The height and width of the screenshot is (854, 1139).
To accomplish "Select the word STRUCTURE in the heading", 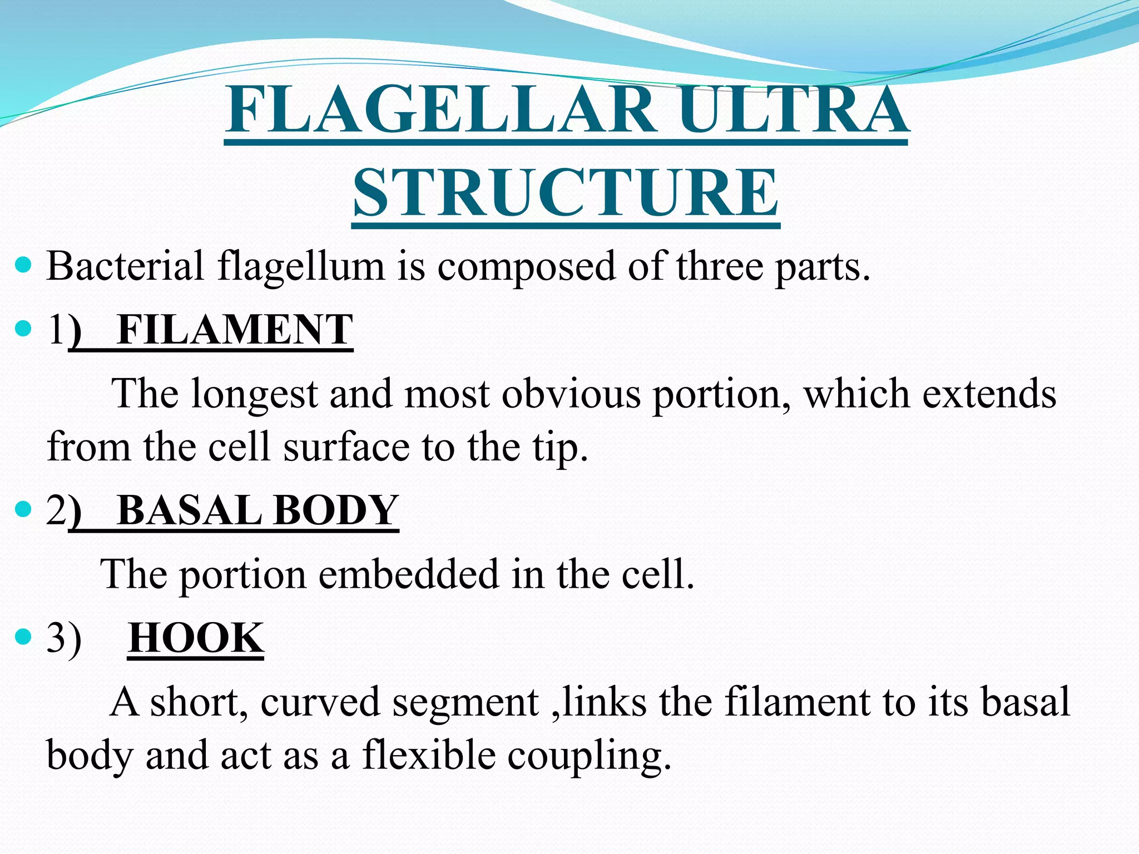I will (x=566, y=192).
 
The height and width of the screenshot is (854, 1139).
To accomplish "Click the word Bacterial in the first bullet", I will (x=126, y=266).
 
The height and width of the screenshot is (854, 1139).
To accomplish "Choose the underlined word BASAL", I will (x=190, y=510).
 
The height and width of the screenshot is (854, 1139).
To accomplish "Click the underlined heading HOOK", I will (x=196, y=638).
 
